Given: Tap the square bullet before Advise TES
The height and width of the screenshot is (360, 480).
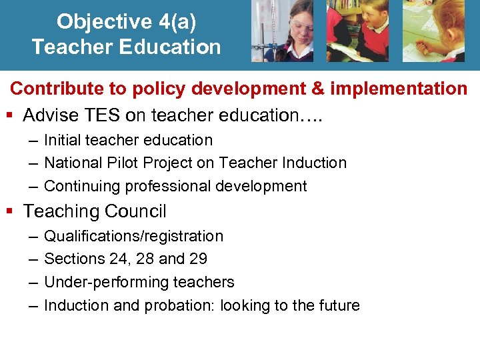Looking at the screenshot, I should point(9,116).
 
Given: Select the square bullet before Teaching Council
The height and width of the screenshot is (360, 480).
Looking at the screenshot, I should point(9,212).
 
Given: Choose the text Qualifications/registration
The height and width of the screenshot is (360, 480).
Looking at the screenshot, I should point(133,236).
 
